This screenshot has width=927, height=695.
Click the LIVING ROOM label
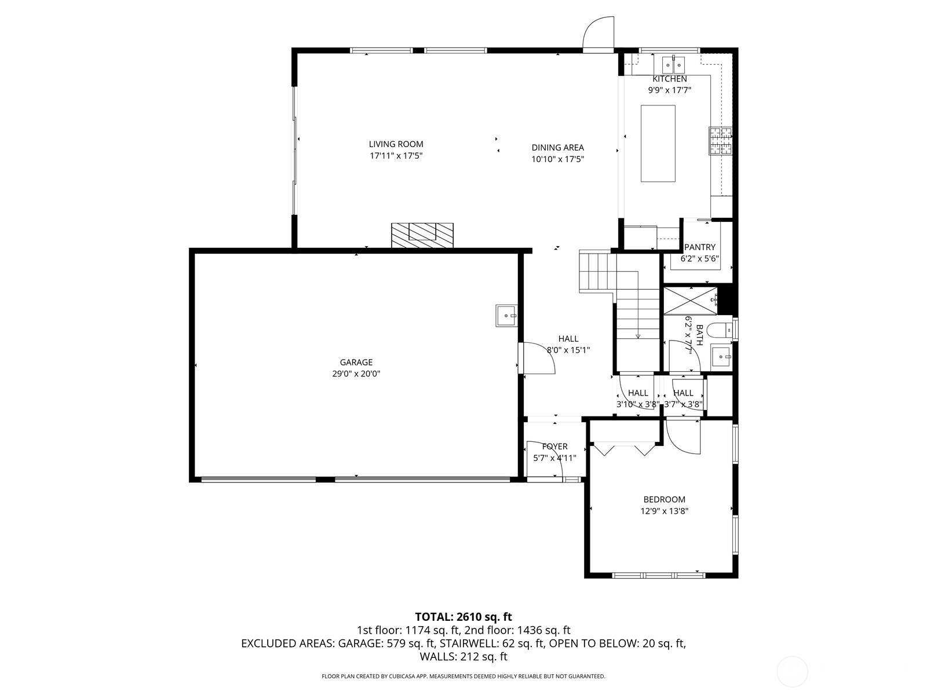[396, 144]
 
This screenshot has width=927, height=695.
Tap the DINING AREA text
[557, 148]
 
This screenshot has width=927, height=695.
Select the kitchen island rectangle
[658, 143]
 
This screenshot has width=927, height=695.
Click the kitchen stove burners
[720, 141]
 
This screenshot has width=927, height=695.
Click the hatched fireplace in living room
[422, 235]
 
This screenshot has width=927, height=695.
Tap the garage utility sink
[506, 316]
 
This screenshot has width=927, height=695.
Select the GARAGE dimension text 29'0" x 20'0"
[356, 374]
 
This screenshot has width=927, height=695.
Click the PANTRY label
[699, 247]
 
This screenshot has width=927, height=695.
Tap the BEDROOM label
[664, 499]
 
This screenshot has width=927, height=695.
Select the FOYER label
[554, 447]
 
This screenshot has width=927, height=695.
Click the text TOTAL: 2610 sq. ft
[463, 617]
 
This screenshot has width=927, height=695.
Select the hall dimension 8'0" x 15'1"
[568, 350]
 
